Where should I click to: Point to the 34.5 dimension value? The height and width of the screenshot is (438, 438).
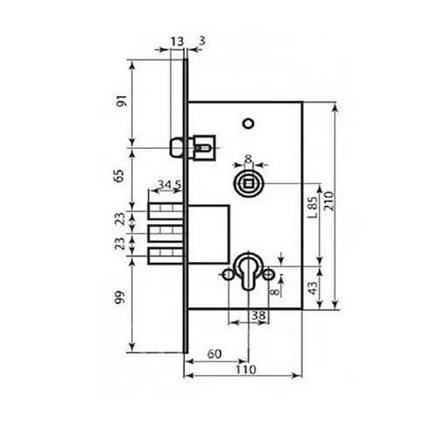click(168, 186)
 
